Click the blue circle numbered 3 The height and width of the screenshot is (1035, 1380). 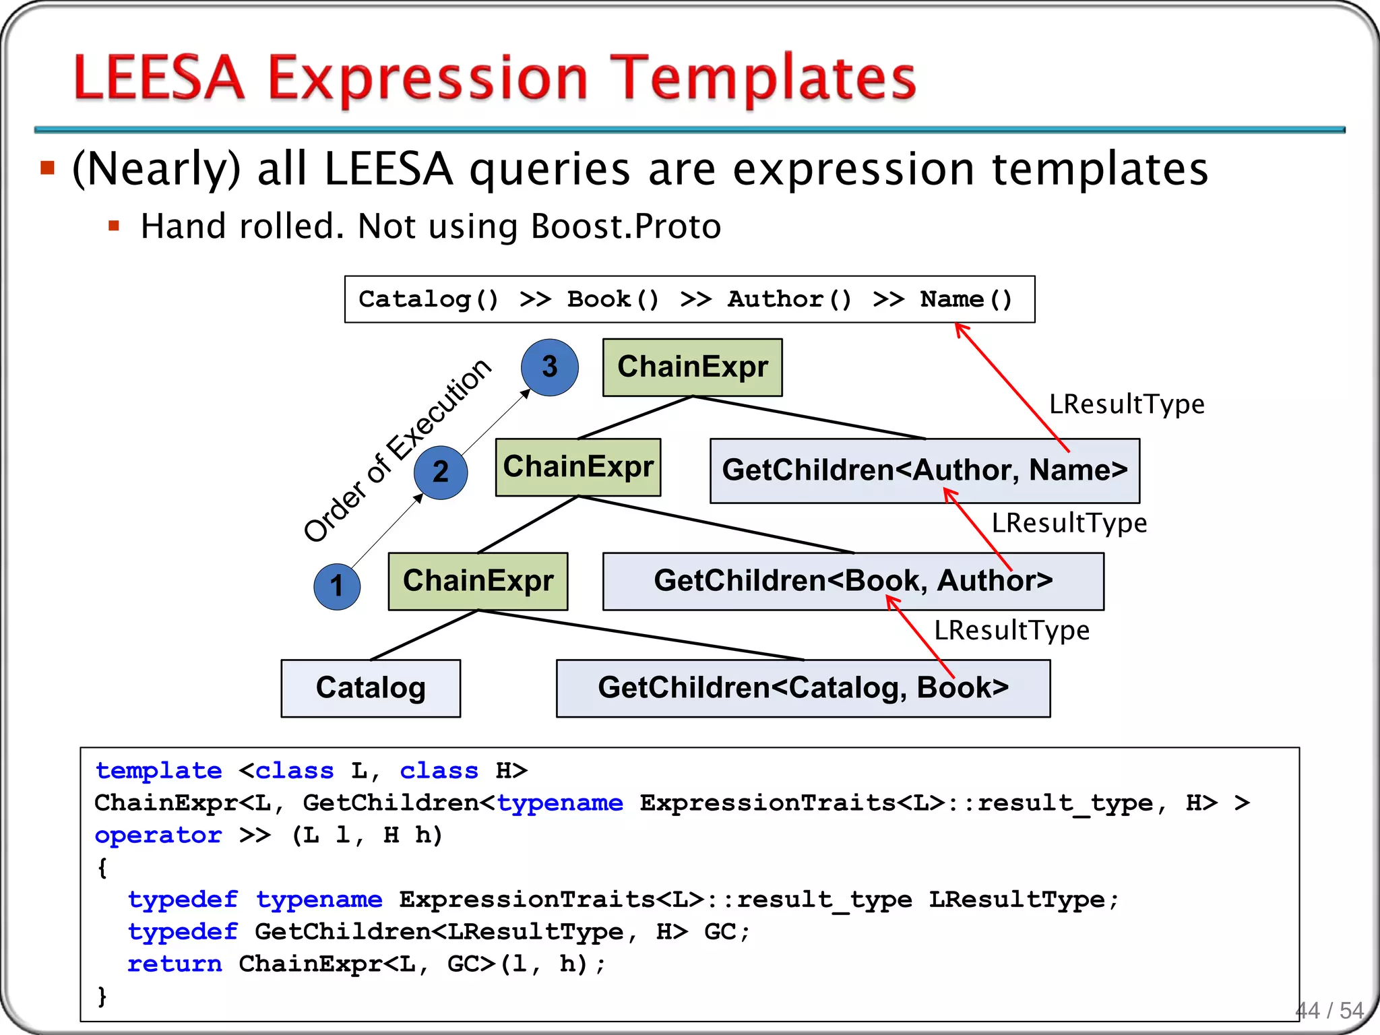[x=549, y=367]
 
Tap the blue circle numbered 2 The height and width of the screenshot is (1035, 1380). [x=441, y=472]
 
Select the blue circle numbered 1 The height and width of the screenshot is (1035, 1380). [x=337, y=586]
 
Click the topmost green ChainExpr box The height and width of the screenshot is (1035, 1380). [x=692, y=367]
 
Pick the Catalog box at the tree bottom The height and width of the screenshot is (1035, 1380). [x=371, y=688]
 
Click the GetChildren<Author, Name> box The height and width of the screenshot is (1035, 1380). [x=924, y=470]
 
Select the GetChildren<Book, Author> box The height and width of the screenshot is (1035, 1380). [x=853, y=581]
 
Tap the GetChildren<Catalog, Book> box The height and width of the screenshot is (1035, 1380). [x=803, y=688]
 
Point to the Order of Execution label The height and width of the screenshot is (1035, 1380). [x=398, y=450]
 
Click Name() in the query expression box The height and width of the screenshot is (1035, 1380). [x=966, y=299]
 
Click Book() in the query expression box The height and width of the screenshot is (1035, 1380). [x=613, y=299]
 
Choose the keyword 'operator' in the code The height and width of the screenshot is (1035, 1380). [x=158, y=836]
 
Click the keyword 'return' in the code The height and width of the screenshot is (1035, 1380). [x=175, y=964]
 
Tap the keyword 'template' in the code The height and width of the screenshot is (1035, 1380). [x=158, y=771]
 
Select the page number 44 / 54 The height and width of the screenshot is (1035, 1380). [x=1329, y=1010]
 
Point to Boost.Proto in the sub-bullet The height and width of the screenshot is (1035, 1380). [x=626, y=226]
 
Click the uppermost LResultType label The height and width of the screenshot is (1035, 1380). [x=1127, y=404]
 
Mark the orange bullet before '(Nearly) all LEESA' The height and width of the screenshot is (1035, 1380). [x=47, y=168]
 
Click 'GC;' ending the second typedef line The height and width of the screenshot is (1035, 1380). [x=727, y=932]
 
